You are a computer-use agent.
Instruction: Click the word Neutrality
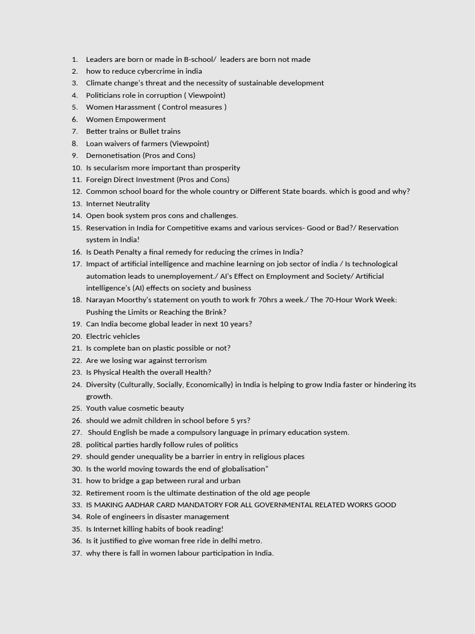click(x=131, y=204)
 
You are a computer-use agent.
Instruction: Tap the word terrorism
click(x=186, y=360)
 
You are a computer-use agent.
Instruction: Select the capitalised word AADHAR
click(x=141, y=505)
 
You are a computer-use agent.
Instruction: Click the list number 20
click(x=77, y=336)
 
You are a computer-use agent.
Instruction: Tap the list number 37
click(x=77, y=554)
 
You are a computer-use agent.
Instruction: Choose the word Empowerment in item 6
click(x=139, y=119)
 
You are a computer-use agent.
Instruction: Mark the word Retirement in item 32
click(x=106, y=493)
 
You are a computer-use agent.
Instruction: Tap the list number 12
click(x=77, y=191)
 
